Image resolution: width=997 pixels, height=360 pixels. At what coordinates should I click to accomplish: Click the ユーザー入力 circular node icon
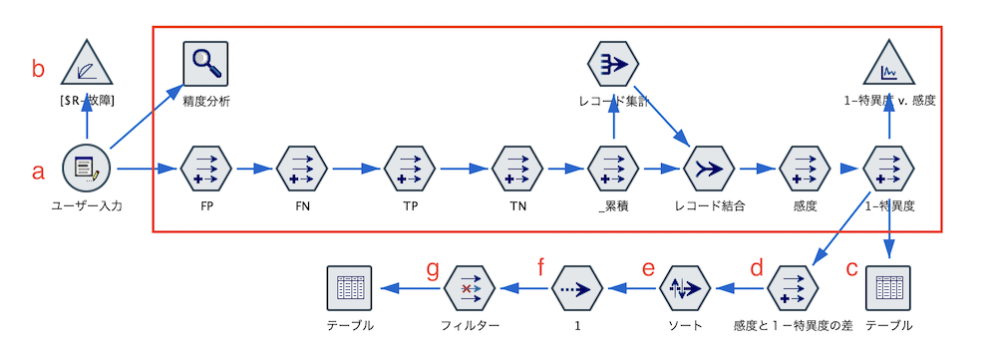pos(86,169)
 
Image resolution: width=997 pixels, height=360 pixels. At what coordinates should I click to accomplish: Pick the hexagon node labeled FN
pos(302,169)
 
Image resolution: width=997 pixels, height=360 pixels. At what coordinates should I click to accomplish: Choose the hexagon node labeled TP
pos(411,169)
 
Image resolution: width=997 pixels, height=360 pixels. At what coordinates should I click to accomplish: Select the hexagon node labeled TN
pos(516,169)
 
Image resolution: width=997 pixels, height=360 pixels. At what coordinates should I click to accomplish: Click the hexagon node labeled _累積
pos(613,169)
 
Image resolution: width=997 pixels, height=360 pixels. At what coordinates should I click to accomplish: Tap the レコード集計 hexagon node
pos(613,64)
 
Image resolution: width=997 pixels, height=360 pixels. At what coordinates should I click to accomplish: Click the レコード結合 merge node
pos(710,169)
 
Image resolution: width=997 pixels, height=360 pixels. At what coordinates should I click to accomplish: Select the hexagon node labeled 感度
pos(804,169)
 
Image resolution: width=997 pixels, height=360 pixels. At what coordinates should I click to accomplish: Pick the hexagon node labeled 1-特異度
pos(888,169)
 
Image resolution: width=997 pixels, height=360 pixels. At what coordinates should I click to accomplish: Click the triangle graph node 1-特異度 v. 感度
pos(888,66)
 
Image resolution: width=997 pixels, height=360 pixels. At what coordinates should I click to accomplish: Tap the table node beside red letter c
pos(888,287)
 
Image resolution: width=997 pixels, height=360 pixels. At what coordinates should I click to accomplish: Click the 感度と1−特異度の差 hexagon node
pos(794,288)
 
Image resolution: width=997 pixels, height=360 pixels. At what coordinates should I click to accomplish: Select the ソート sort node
pos(683,288)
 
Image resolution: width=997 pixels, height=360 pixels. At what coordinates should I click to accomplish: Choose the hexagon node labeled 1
pos(576,288)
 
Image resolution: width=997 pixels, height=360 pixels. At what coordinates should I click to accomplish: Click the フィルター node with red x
pos(469,288)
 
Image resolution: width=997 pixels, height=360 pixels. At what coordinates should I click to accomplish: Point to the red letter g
pos(432,269)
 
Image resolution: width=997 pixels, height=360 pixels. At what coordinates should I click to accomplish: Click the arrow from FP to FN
pos(253,169)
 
